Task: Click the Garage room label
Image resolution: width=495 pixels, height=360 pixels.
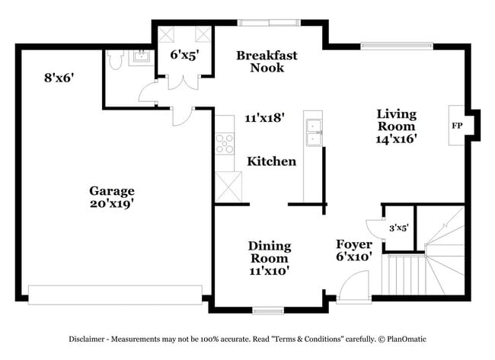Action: point(112,190)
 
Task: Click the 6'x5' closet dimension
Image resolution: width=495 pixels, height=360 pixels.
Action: point(184,55)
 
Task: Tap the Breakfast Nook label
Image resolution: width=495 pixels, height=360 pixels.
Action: point(267,61)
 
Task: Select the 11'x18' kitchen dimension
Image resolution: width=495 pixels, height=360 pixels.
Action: point(264,118)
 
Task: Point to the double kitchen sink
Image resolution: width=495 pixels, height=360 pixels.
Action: point(313,131)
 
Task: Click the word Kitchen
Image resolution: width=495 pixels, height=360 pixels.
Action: point(271,161)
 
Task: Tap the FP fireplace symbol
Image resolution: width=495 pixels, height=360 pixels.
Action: point(457,125)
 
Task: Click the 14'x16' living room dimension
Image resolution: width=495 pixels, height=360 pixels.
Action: point(396,139)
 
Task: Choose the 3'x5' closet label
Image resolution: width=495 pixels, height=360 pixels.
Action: point(399,227)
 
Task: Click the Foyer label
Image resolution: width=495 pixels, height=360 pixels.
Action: point(354,244)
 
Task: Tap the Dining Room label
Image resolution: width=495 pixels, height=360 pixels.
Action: point(269,251)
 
